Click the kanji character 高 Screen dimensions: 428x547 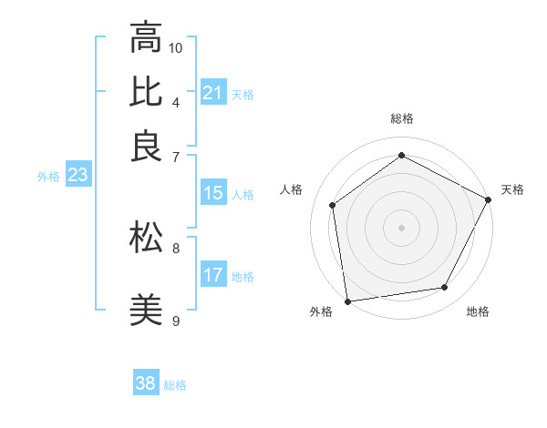click(146, 38)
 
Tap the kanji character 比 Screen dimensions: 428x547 click(146, 92)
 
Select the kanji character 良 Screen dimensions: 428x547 click(146, 147)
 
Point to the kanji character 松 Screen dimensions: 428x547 click(146, 238)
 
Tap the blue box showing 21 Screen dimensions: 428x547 click(212, 93)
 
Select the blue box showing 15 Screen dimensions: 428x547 click(212, 193)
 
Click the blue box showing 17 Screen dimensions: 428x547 click(212, 276)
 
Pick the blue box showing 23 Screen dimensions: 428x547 click(77, 176)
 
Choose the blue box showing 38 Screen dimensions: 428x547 click(145, 383)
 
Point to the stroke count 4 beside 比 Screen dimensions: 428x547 click(175, 101)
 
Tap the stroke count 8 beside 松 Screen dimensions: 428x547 click(175, 247)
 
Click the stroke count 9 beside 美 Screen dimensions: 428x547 click(175, 321)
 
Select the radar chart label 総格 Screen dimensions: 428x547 click(401, 119)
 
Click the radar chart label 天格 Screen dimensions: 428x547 click(512, 189)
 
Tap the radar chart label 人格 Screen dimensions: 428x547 click(292, 189)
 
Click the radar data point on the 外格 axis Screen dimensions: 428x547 click(347, 301)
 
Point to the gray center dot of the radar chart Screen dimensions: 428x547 click(401, 227)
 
